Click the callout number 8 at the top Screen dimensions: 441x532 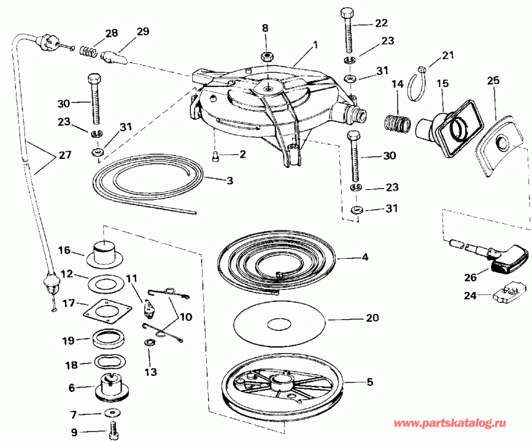pos(265,28)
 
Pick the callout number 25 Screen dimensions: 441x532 pos(492,79)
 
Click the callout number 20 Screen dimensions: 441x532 pos(372,317)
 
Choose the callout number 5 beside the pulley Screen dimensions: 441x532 pos(369,382)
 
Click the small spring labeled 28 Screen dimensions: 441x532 pos(88,49)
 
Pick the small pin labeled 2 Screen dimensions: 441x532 pos(216,155)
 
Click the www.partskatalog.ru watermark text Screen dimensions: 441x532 pos(450,424)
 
